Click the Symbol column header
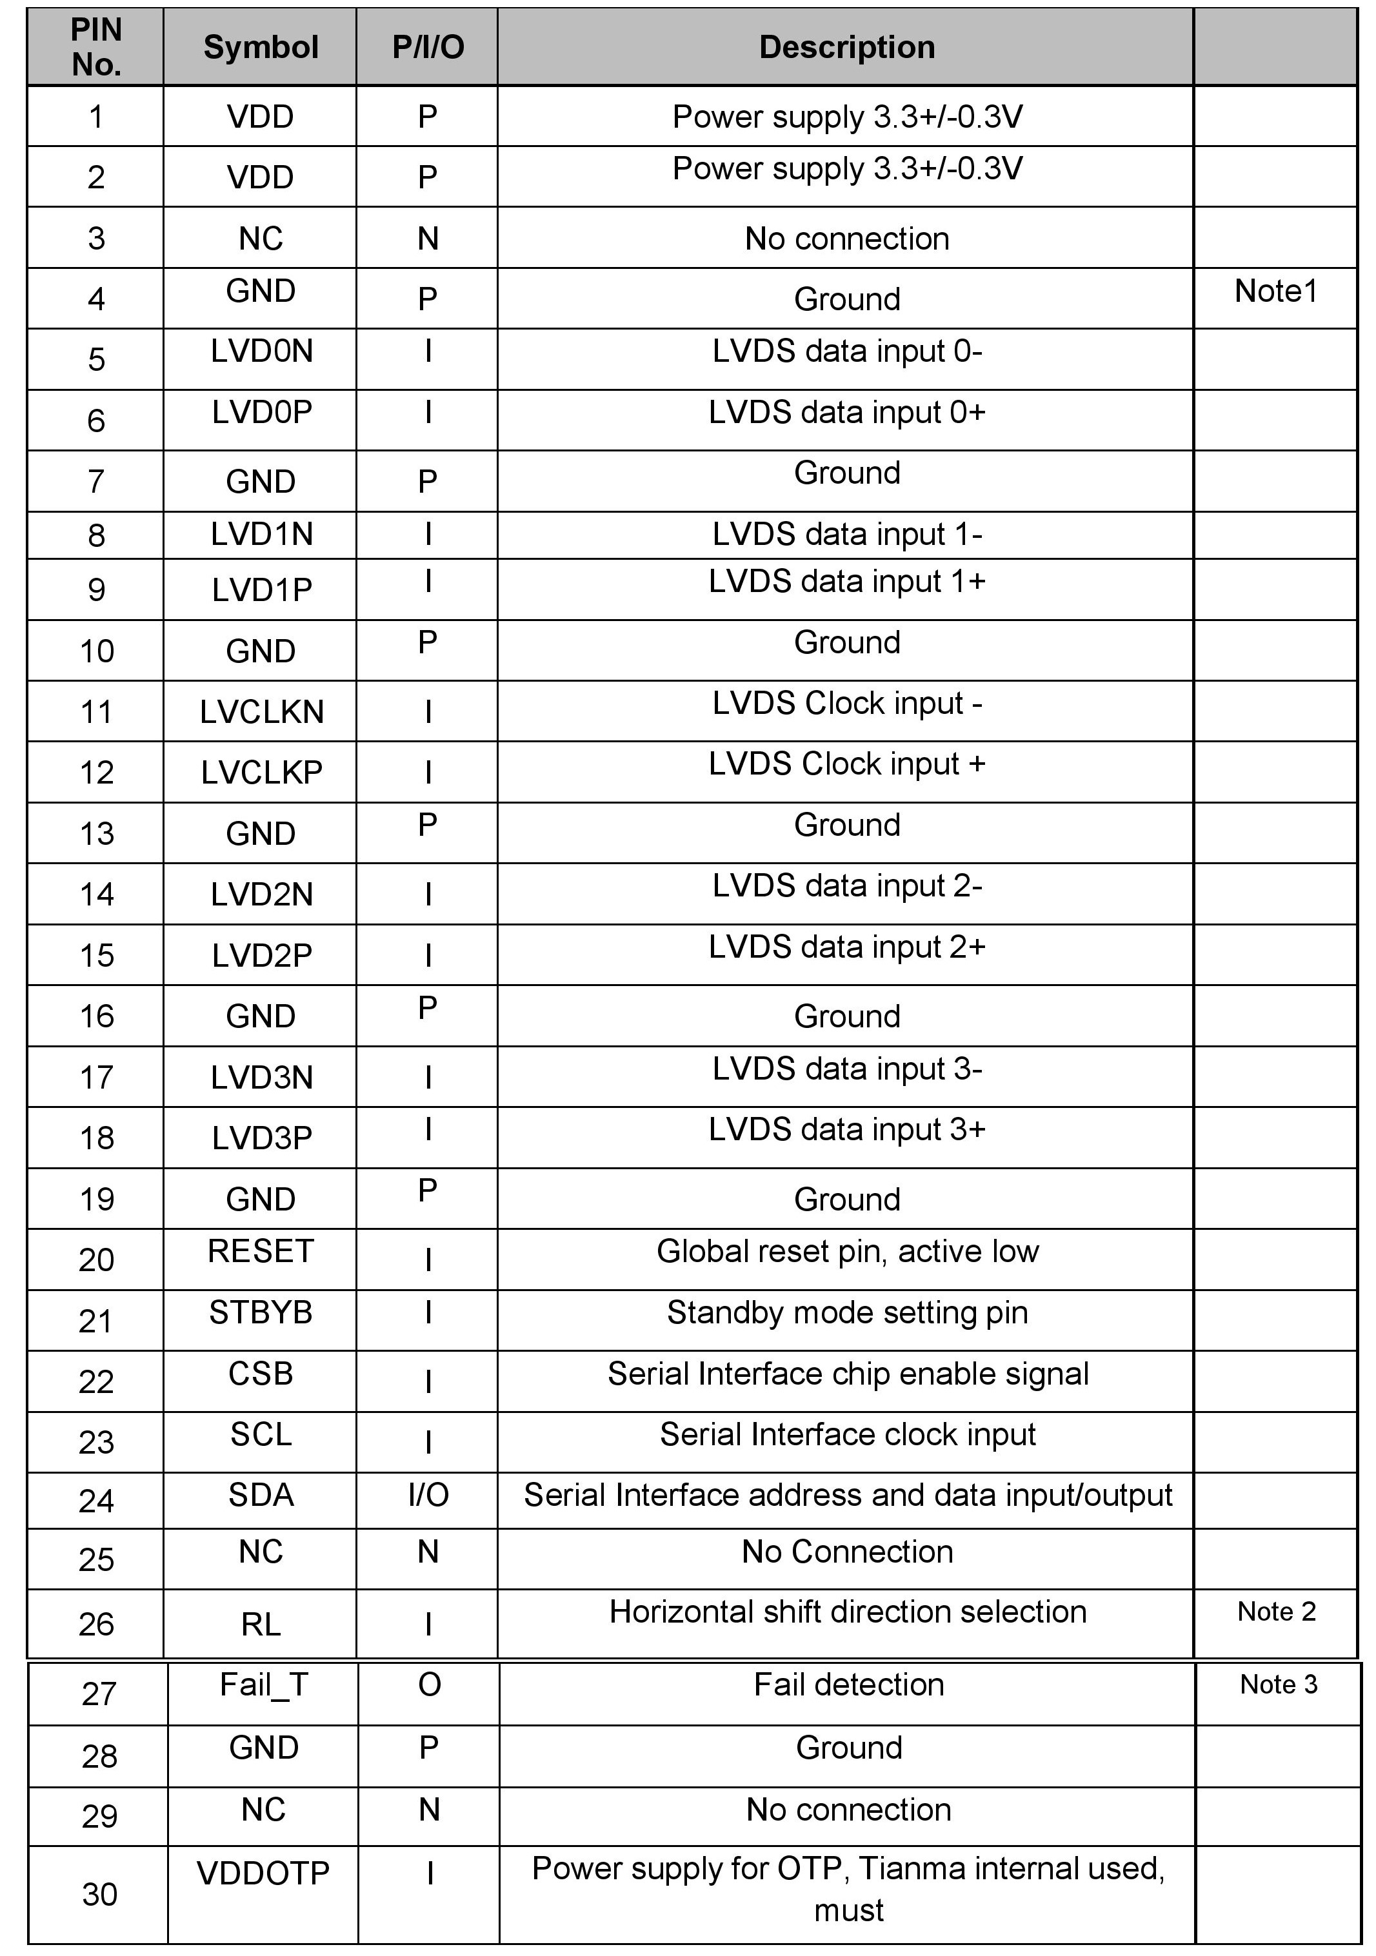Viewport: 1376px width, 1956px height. [x=261, y=48]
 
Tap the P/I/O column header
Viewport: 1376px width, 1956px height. [x=428, y=48]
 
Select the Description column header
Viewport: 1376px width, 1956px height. [x=847, y=48]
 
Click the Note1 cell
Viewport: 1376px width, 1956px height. [x=1275, y=291]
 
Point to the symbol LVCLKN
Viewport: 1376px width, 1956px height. [x=261, y=712]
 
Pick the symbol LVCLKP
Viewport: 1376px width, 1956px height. [x=261, y=773]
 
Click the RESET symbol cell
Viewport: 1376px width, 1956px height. [x=261, y=1252]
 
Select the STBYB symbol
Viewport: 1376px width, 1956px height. [x=261, y=1313]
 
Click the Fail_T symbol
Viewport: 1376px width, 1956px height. [x=263, y=1685]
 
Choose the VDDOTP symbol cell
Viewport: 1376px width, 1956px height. [x=263, y=1873]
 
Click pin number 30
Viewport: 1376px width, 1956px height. [x=100, y=1894]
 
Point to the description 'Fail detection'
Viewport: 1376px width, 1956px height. [x=848, y=1685]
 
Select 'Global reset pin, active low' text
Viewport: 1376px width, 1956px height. [x=848, y=1252]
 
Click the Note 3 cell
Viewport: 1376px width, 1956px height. [x=1278, y=1684]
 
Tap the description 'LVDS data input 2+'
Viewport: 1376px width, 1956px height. [x=847, y=947]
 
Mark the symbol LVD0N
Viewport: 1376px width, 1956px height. [x=261, y=351]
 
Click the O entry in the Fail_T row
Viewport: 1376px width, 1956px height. [x=430, y=1685]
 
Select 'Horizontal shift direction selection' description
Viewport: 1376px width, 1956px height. [x=848, y=1612]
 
